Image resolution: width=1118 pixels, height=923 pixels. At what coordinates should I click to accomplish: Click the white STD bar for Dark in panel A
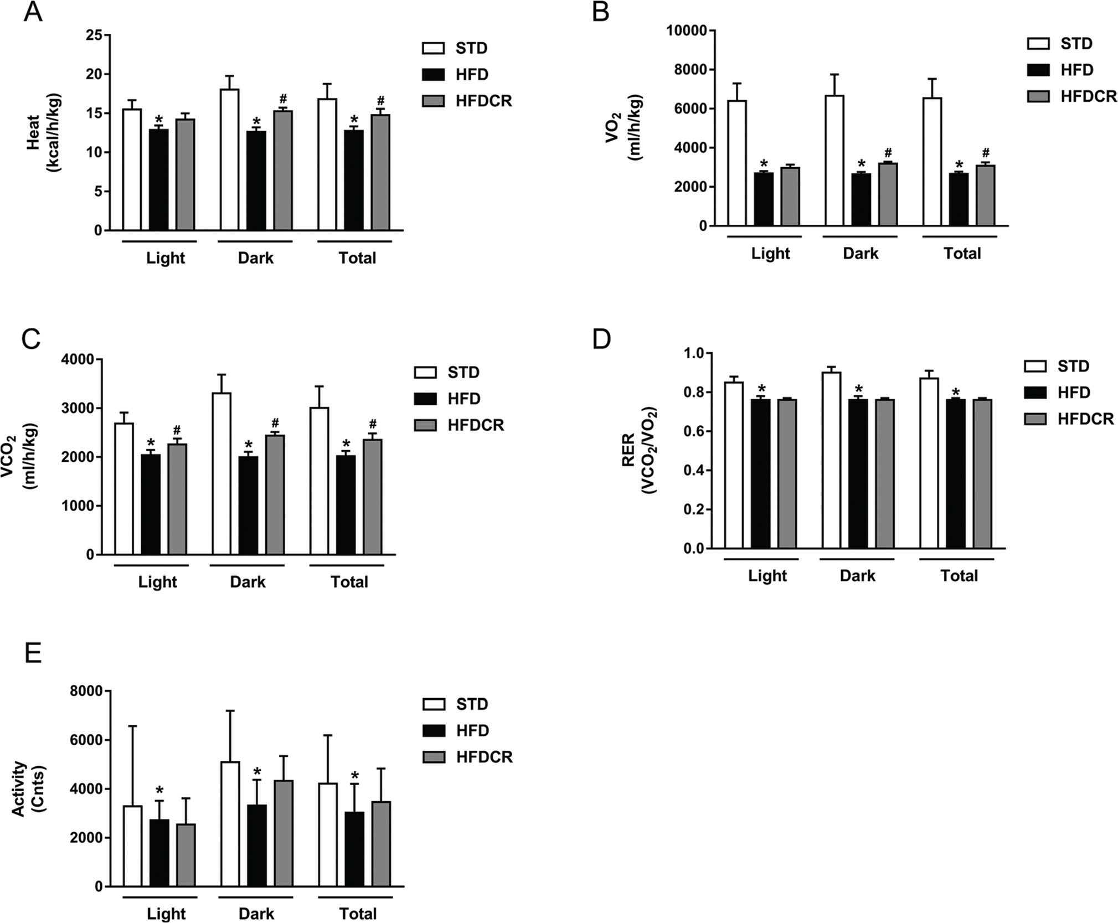pyautogui.click(x=229, y=159)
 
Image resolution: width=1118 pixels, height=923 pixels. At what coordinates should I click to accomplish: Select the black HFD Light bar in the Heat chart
pyautogui.click(x=159, y=180)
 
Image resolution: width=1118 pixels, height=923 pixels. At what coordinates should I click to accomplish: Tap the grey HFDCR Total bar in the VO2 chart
pyautogui.click(x=986, y=195)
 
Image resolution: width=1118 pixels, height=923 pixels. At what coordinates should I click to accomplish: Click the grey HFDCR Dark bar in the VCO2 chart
pyautogui.click(x=275, y=494)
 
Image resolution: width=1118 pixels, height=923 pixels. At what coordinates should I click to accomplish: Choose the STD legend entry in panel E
pyautogui.click(x=456, y=704)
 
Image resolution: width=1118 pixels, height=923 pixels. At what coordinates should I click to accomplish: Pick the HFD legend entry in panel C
pyautogui.click(x=448, y=399)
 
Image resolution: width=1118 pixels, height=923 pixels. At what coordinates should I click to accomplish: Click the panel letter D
pyautogui.click(x=601, y=339)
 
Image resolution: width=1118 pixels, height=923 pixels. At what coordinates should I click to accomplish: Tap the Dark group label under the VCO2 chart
pyautogui.click(x=248, y=582)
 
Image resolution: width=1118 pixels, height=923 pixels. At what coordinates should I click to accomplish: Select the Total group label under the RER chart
pyautogui.click(x=959, y=576)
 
